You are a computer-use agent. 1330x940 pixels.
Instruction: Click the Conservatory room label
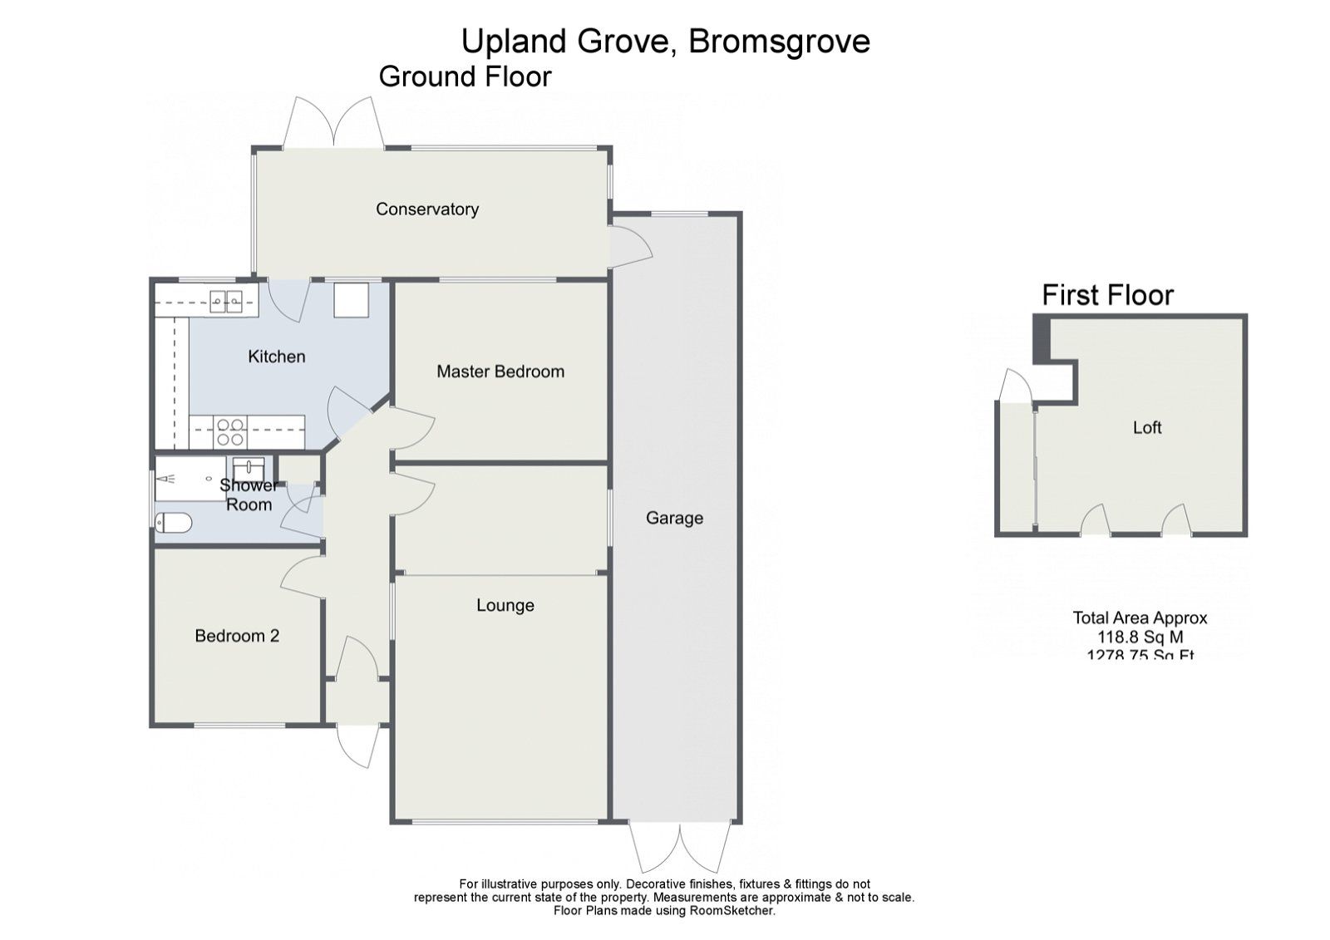point(427,209)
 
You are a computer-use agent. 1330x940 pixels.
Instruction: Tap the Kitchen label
point(277,357)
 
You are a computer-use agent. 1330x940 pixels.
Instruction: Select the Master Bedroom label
point(500,372)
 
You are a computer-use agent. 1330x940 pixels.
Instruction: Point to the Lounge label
point(505,605)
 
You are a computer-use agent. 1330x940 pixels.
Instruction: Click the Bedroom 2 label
point(237,636)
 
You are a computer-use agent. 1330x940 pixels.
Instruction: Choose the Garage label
point(674,519)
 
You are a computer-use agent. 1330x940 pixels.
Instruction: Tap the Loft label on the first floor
point(1147,427)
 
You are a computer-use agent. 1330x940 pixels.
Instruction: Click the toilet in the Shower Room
point(174,523)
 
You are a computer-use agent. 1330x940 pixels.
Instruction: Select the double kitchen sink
point(225,301)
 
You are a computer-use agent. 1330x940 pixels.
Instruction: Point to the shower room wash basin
point(249,465)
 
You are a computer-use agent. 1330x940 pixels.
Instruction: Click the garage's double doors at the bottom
point(679,846)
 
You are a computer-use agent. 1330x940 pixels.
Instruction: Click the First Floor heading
point(1107,295)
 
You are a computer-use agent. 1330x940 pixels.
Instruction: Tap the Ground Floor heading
point(465,76)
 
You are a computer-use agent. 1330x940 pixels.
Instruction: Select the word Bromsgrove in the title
point(779,41)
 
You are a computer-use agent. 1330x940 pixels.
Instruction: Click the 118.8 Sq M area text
point(1140,637)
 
